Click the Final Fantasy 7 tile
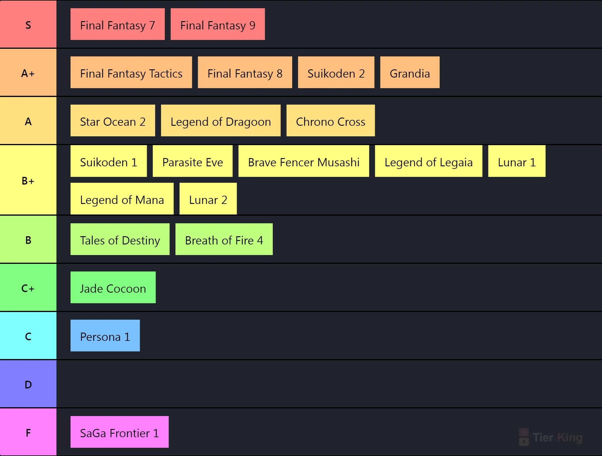118,24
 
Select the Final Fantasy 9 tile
218,24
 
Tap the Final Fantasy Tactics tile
131,72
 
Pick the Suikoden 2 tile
336,72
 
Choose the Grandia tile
410,72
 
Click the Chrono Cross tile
331,120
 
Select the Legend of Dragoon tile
221,120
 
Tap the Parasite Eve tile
193,161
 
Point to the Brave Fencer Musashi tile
304,161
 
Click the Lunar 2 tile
208,199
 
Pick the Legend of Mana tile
122,199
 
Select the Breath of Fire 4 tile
224,239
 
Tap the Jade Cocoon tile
113,287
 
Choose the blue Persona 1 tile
105,336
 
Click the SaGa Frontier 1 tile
119,432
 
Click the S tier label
28,24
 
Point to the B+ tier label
28,180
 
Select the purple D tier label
28,384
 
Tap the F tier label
28,432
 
